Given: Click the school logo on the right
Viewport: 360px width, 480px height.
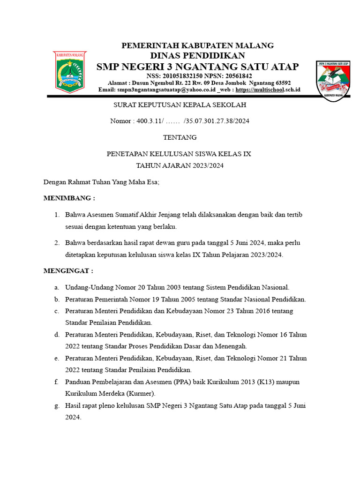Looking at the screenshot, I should coord(333,79).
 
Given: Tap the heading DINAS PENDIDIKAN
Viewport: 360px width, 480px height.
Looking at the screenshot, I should coord(197,56).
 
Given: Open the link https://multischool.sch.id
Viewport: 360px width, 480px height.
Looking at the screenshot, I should coord(268,90).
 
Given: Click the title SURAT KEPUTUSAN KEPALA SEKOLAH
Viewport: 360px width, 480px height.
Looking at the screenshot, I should coord(180,105).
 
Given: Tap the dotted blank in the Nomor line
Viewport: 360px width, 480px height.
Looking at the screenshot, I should coord(173,121).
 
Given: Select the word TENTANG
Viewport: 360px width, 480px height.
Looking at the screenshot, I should coord(180,137).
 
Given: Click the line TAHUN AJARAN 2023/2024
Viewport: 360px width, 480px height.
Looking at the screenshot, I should coord(180,165).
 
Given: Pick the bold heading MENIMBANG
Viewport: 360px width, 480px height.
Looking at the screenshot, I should coord(68,198).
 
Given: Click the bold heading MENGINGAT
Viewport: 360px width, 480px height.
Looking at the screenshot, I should coord(68,271).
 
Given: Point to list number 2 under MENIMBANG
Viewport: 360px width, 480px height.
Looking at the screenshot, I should coord(56,243).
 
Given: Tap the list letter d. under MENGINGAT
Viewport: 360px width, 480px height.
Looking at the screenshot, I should coord(56,334).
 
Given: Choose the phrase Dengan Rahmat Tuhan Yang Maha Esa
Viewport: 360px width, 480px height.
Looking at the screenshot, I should coord(101,182).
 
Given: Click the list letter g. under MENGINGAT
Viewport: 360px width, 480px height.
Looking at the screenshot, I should coord(56,405).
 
